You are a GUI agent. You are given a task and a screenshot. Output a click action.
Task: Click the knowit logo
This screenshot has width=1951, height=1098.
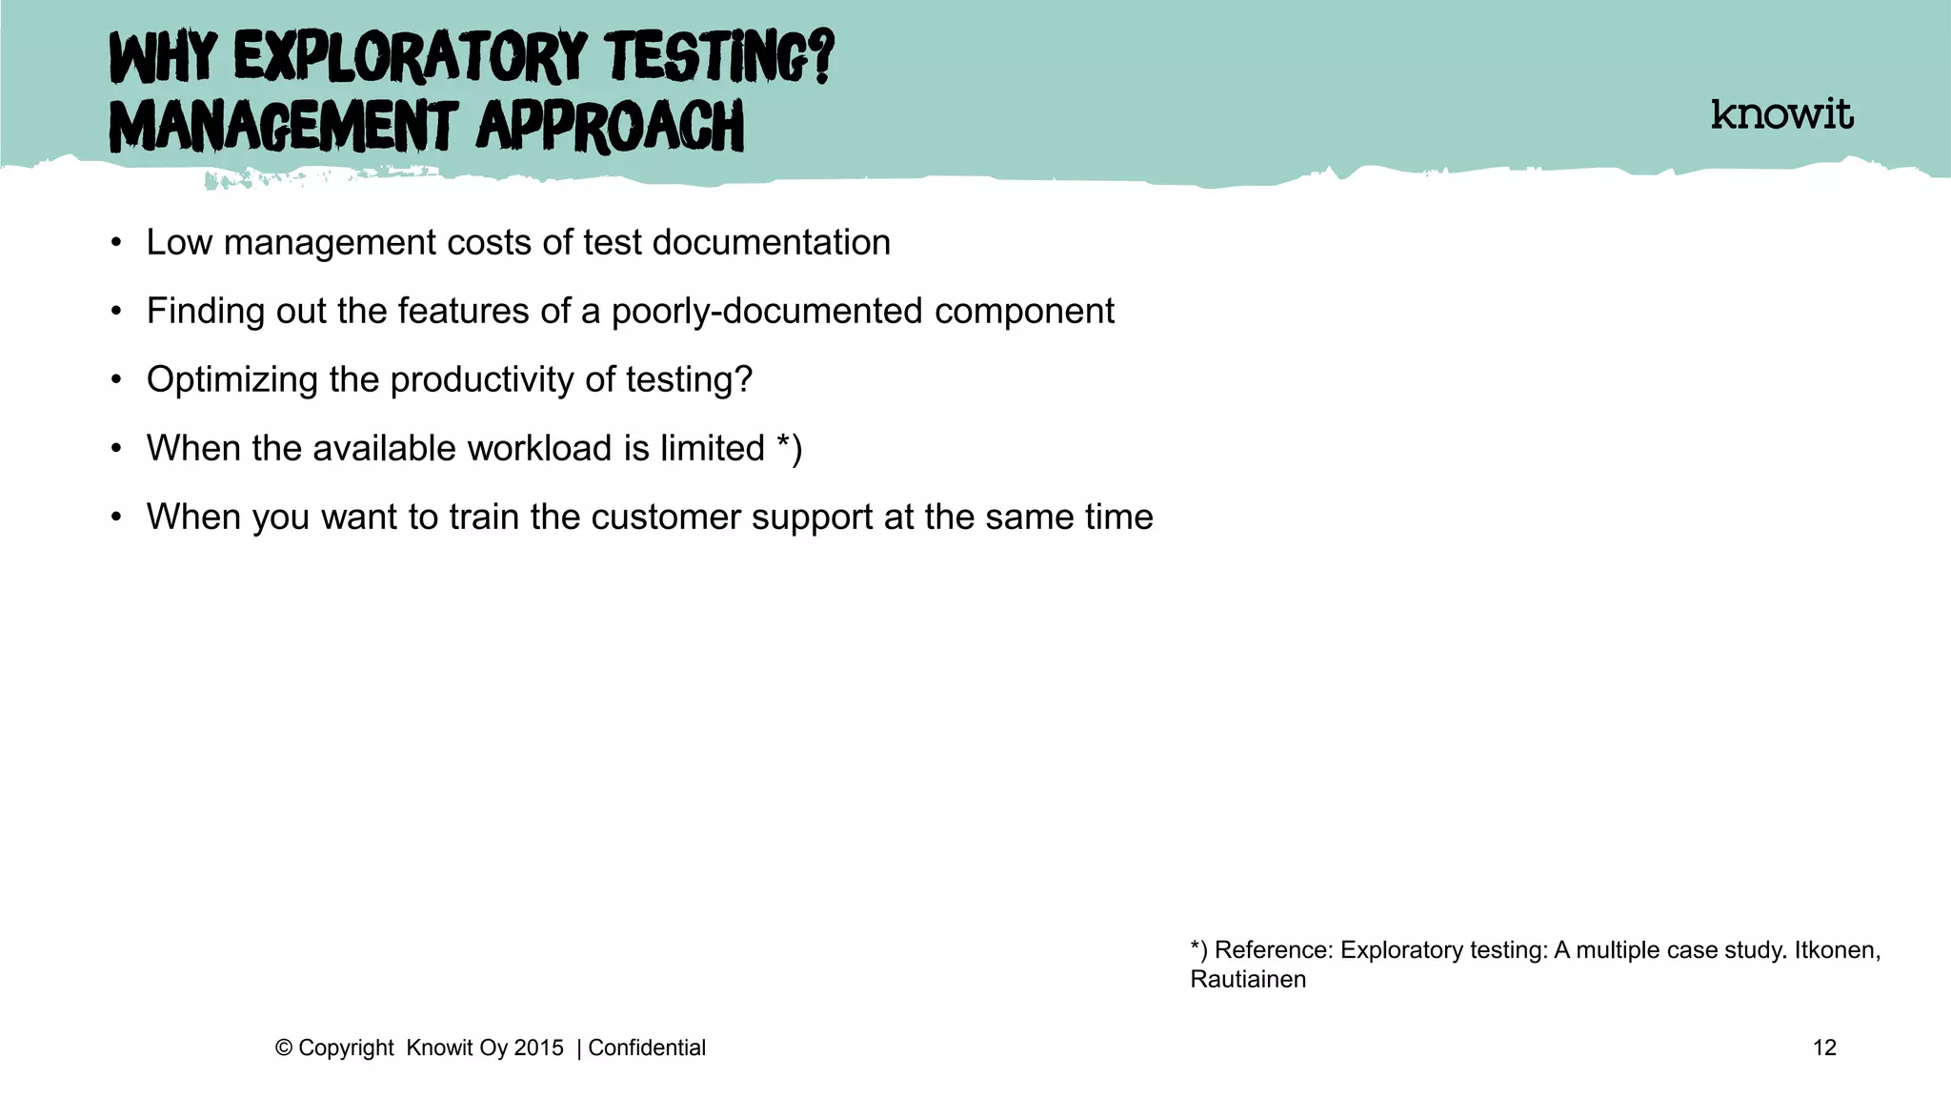pyautogui.click(x=1781, y=114)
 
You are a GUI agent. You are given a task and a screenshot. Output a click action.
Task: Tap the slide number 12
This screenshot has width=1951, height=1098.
pyautogui.click(x=1823, y=1047)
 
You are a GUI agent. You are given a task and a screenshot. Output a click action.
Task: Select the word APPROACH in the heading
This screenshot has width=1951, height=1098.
pyautogui.click(x=610, y=127)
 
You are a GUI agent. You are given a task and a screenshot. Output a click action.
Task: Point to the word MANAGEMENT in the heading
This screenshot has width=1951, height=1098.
pyautogui.click(x=283, y=127)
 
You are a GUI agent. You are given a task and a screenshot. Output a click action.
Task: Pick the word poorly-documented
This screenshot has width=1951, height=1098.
pyautogui.click(x=767, y=312)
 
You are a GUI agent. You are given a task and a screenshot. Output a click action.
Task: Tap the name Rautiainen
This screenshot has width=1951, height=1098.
pyautogui.click(x=1248, y=980)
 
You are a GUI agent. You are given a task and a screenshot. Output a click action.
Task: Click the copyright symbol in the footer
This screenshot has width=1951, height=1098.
pyautogui.click(x=283, y=1047)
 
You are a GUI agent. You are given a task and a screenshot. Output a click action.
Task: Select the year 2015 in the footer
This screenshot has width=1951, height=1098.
pyautogui.click(x=538, y=1047)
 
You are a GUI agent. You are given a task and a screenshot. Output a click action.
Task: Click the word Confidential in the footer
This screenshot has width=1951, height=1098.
pyautogui.click(x=647, y=1047)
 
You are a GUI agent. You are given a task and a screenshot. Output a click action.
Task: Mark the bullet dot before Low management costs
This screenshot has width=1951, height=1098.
pyautogui.click(x=116, y=243)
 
